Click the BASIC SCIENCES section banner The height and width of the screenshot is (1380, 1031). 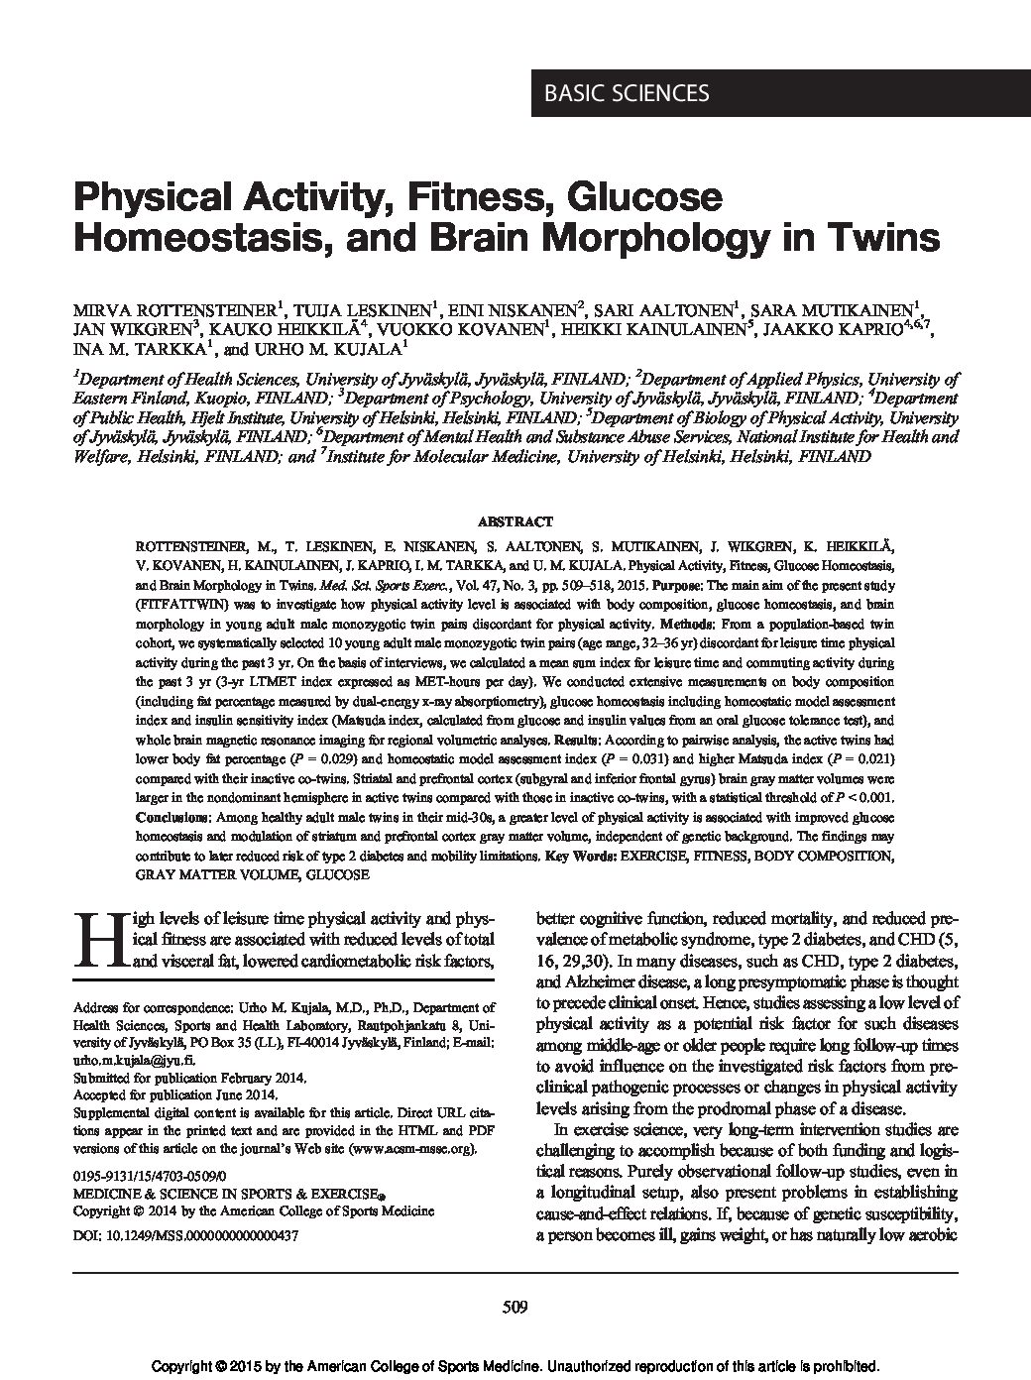pos(626,93)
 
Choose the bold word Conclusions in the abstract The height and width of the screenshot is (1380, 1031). pos(170,816)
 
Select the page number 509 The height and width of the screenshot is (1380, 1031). pos(515,1307)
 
